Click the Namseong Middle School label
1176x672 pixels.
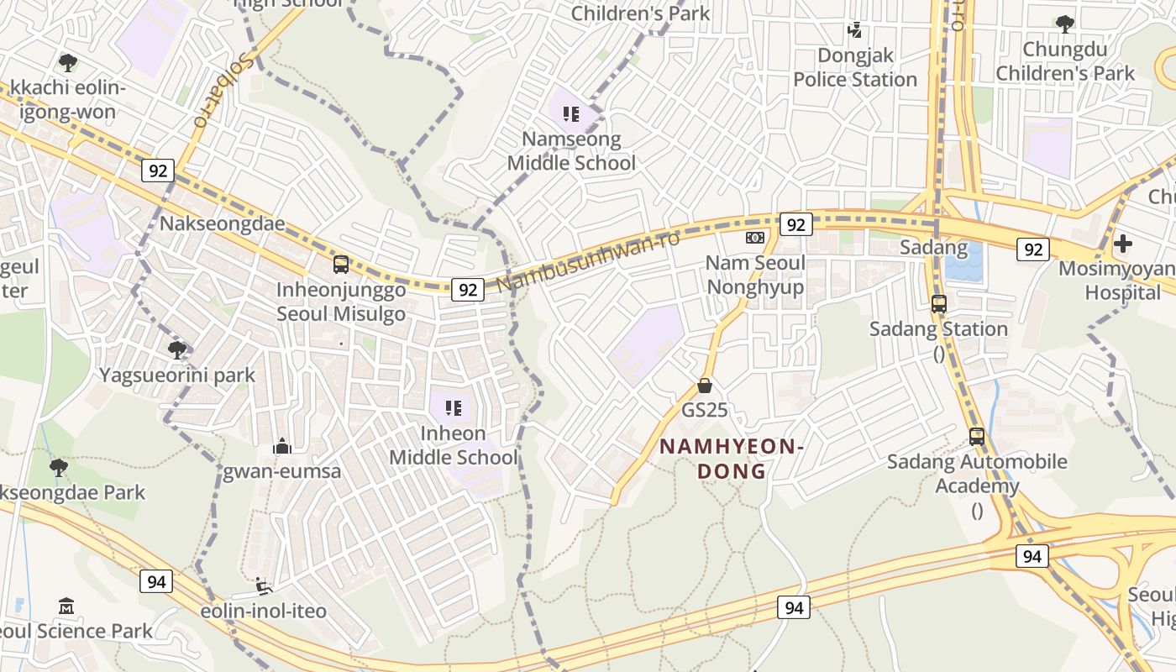(x=571, y=151)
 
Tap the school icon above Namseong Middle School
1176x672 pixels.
(x=571, y=113)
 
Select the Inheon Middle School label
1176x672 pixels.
(x=454, y=445)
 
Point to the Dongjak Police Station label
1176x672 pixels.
(x=855, y=68)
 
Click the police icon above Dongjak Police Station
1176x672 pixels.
(x=855, y=31)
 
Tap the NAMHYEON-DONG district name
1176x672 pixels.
(x=732, y=459)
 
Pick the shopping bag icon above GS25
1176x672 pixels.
(x=705, y=386)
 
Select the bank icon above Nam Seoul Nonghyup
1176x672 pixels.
(x=755, y=238)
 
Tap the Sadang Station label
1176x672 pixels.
(x=938, y=328)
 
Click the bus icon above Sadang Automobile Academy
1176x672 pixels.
(x=977, y=436)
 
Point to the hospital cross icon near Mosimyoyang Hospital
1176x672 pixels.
(x=1122, y=244)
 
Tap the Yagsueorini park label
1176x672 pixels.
(x=177, y=375)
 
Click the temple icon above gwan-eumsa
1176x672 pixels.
(x=282, y=446)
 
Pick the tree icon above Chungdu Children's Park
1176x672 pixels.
(x=1065, y=24)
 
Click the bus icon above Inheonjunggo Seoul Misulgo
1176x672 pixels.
(x=341, y=265)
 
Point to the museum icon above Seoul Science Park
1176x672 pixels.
(x=66, y=606)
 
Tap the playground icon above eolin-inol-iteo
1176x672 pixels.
(x=263, y=585)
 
